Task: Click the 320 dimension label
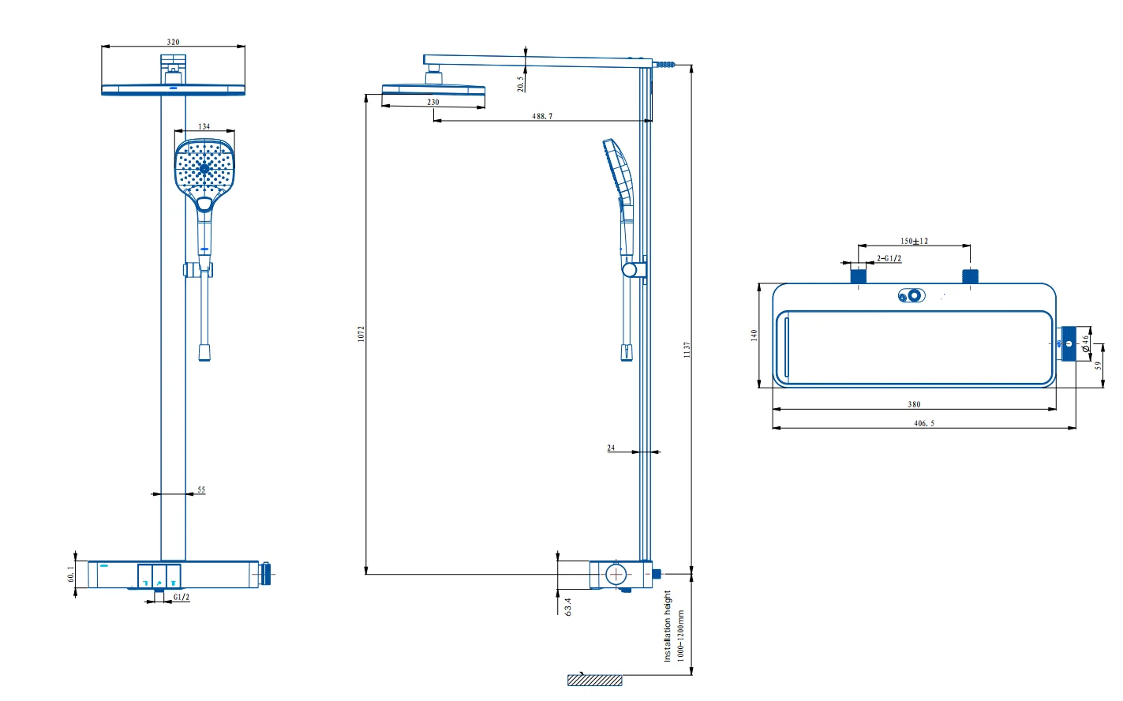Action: (173, 43)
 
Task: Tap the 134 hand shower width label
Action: (204, 126)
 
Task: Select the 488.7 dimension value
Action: (542, 116)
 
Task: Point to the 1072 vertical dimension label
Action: (361, 333)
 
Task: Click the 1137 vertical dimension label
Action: (687, 350)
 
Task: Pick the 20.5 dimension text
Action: (521, 84)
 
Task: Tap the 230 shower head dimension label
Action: (433, 103)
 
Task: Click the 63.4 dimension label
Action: (568, 606)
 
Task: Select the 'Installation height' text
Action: (667, 625)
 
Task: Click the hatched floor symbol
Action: (594, 680)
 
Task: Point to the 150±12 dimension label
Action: (914, 242)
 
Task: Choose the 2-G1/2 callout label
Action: (889, 259)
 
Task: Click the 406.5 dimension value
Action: (924, 423)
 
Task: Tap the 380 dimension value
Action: (914, 404)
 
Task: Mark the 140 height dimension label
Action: (754, 335)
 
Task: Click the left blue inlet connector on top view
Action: (859, 276)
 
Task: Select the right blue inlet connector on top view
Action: (970, 276)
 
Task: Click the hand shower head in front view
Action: (204, 168)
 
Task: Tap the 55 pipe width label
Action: (201, 490)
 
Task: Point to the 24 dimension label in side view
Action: (611, 448)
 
